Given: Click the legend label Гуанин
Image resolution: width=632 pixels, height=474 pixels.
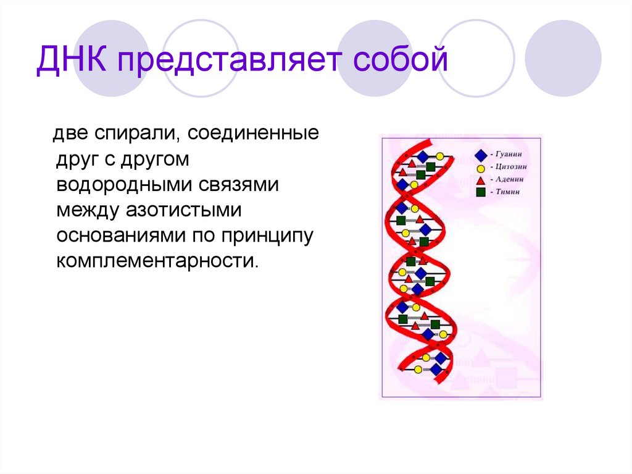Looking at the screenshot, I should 510,154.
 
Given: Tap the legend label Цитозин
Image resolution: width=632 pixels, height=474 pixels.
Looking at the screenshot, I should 512,167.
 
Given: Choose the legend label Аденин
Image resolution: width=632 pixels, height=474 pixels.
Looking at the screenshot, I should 510,179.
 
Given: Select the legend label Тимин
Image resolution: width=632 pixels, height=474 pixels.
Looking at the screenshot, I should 508,192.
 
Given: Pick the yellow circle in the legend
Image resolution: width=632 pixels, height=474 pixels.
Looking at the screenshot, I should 480,167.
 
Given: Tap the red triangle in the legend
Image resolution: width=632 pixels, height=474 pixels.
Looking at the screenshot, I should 480,179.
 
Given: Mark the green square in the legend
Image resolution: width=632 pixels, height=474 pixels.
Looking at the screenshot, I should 480,192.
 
